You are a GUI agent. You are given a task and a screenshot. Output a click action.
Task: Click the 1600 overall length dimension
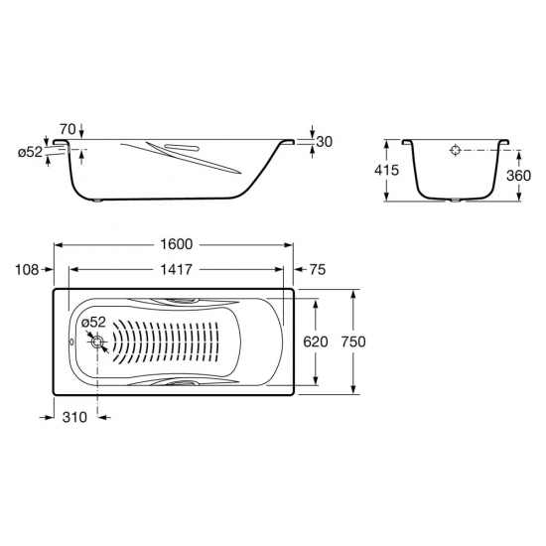click(176, 244)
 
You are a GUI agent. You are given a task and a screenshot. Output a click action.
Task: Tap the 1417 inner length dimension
click(176, 269)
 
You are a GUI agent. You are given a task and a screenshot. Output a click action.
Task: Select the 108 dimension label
click(27, 269)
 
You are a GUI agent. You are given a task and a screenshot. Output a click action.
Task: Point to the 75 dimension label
click(318, 269)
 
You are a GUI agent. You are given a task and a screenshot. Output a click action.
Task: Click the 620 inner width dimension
click(316, 341)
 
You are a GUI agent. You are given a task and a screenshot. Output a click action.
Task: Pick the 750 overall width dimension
click(353, 341)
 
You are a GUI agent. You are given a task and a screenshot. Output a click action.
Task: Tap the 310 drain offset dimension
click(74, 417)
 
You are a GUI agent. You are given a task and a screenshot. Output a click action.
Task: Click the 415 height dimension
click(386, 170)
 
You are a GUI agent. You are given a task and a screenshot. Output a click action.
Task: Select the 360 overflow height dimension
click(519, 176)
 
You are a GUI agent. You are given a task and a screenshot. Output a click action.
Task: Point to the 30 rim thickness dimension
click(325, 142)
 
